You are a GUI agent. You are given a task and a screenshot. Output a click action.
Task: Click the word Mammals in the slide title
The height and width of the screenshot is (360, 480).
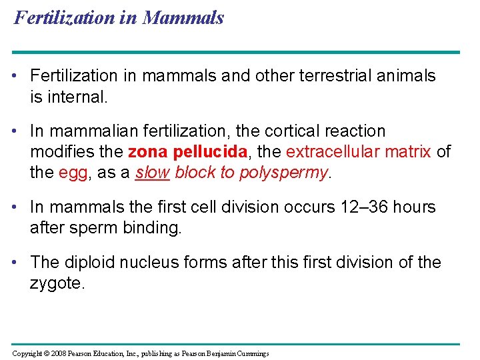183,18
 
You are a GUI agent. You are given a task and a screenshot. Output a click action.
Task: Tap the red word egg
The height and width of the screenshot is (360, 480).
73,173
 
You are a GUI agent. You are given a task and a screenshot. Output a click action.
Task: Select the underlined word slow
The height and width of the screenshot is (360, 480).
152,173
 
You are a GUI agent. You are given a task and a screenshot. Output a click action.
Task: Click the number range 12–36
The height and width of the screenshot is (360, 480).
364,207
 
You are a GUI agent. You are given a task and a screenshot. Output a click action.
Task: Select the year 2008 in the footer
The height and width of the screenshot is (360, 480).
63,353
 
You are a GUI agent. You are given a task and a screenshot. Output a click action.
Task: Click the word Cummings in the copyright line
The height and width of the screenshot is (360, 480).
250,353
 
